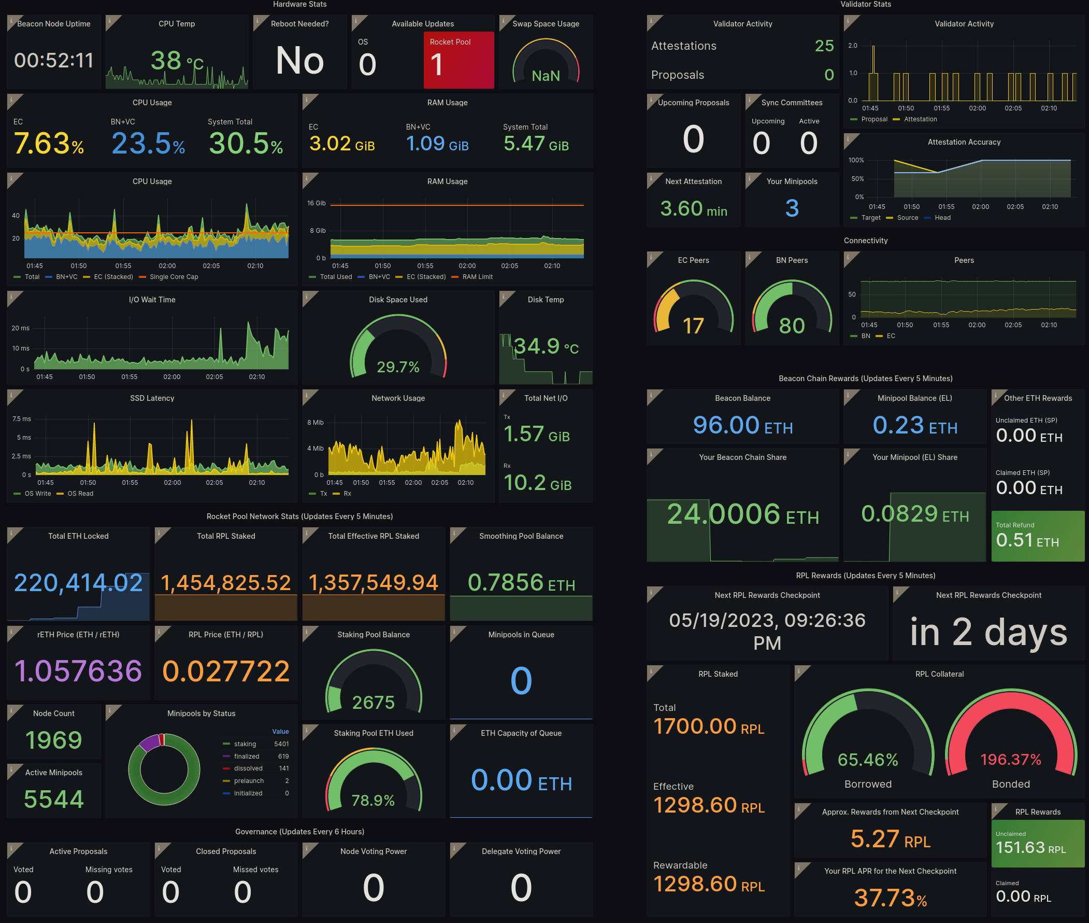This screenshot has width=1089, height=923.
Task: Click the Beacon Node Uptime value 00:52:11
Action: tap(54, 61)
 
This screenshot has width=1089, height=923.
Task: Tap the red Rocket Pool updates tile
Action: tap(458, 60)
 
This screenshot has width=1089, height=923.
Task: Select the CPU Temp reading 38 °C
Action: tap(177, 61)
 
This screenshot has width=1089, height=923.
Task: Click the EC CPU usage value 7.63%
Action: tap(49, 144)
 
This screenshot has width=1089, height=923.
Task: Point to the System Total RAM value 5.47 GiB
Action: tap(536, 144)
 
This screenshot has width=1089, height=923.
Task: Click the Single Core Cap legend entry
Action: tap(174, 277)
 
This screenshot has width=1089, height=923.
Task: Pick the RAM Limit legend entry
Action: tap(477, 277)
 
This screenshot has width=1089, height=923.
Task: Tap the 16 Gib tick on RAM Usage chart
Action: tap(317, 203)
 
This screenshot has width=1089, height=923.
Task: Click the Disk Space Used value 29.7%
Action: tap(398, 367)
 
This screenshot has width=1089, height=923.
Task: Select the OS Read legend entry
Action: tap(80, 494)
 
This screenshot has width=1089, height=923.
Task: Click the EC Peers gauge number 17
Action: tap(693, 326)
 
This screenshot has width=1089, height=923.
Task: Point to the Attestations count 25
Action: tap(824, 46)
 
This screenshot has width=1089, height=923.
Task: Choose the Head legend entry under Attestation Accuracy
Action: tap(942, 218)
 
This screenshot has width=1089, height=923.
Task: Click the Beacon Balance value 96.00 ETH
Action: tap(742, 425)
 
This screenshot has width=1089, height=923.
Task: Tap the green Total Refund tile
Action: tap(1037, 536)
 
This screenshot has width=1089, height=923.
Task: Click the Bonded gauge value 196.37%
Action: tap(1011, 759)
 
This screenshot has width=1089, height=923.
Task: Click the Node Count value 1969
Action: tap(54, 740)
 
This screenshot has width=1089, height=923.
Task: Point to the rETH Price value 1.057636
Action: tap(78, 672)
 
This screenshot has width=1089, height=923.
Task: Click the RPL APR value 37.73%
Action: tap(890, 898)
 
